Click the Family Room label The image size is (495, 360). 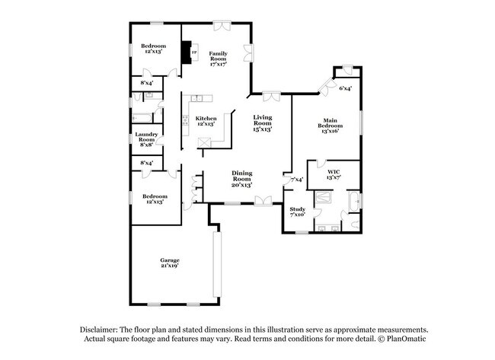pos(218,58)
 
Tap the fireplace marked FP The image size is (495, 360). pos(186,53)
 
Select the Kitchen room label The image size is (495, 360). pos(206,121)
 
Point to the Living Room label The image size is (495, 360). pos(263,121)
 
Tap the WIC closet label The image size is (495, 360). pos(333,174)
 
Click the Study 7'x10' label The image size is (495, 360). pos(297,211)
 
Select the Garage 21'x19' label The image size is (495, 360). pos(169,263)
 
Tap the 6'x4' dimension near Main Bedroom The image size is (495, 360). pos(346,89)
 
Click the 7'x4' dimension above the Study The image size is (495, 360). pos(297,180)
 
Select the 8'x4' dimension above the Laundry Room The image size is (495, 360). pos(146,82)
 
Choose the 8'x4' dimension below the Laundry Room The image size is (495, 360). pos(146,162)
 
